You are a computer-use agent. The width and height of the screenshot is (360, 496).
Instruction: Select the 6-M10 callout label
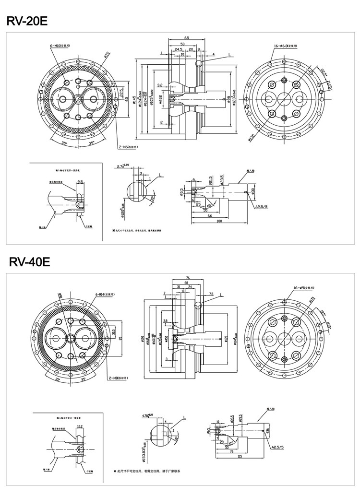point(60,46)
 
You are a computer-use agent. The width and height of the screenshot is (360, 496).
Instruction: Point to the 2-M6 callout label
point(127,147)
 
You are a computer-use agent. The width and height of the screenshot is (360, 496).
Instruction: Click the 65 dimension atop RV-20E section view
point(186,37)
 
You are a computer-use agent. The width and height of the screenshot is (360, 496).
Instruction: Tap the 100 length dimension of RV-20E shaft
point(219,221)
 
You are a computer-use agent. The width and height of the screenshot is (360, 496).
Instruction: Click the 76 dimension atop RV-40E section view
point(188,278)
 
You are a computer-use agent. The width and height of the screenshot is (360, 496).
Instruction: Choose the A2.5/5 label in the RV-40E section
point(277,447)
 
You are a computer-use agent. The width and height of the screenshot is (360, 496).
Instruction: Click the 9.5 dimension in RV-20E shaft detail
point(80,182)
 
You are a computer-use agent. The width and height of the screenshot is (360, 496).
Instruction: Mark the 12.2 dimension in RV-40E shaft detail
point(80,426)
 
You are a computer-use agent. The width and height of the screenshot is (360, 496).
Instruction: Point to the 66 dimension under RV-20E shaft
point(210,216)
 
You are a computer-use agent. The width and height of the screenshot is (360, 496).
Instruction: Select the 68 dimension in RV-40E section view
point(186,283)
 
